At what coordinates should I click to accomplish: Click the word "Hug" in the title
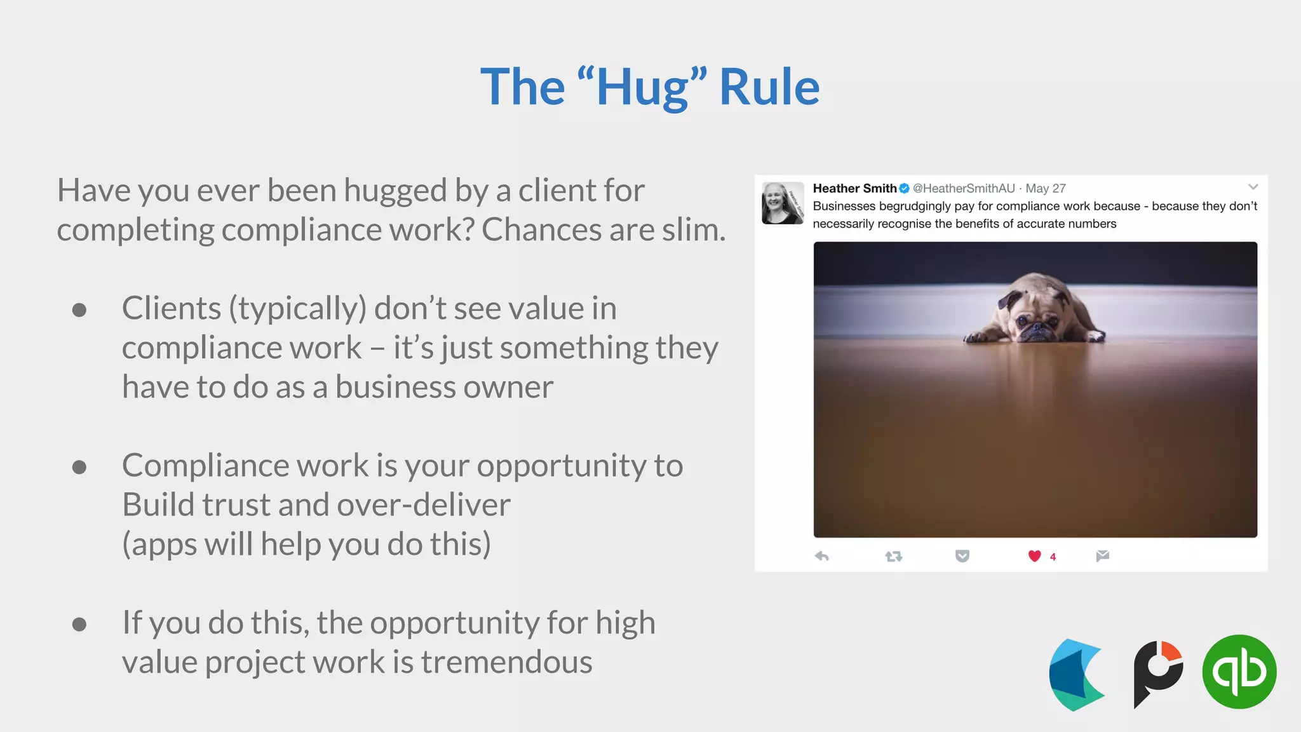[642, 88]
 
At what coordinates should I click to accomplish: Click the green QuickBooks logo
[1239, 672]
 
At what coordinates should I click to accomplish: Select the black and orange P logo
[1157, 674]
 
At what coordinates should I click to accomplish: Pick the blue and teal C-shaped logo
[1076, 675]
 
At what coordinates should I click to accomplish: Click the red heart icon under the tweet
[1034, 556]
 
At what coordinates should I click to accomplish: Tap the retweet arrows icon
[894, 557]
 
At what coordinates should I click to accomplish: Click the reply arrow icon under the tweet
[821, 557]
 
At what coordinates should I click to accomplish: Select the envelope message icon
[1102, 556]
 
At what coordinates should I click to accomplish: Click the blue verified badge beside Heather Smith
[904, 188]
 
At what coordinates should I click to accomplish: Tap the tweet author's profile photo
[783, 203]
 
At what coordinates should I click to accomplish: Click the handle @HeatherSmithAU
[964, 188]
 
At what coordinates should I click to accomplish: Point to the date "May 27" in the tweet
[1046, 188]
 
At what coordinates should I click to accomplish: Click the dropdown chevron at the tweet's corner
[1253, 187]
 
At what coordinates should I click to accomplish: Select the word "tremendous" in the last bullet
[506, 662]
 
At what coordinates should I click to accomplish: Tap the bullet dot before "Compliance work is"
[79, 467]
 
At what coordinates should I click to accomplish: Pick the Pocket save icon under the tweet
[962, 557]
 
